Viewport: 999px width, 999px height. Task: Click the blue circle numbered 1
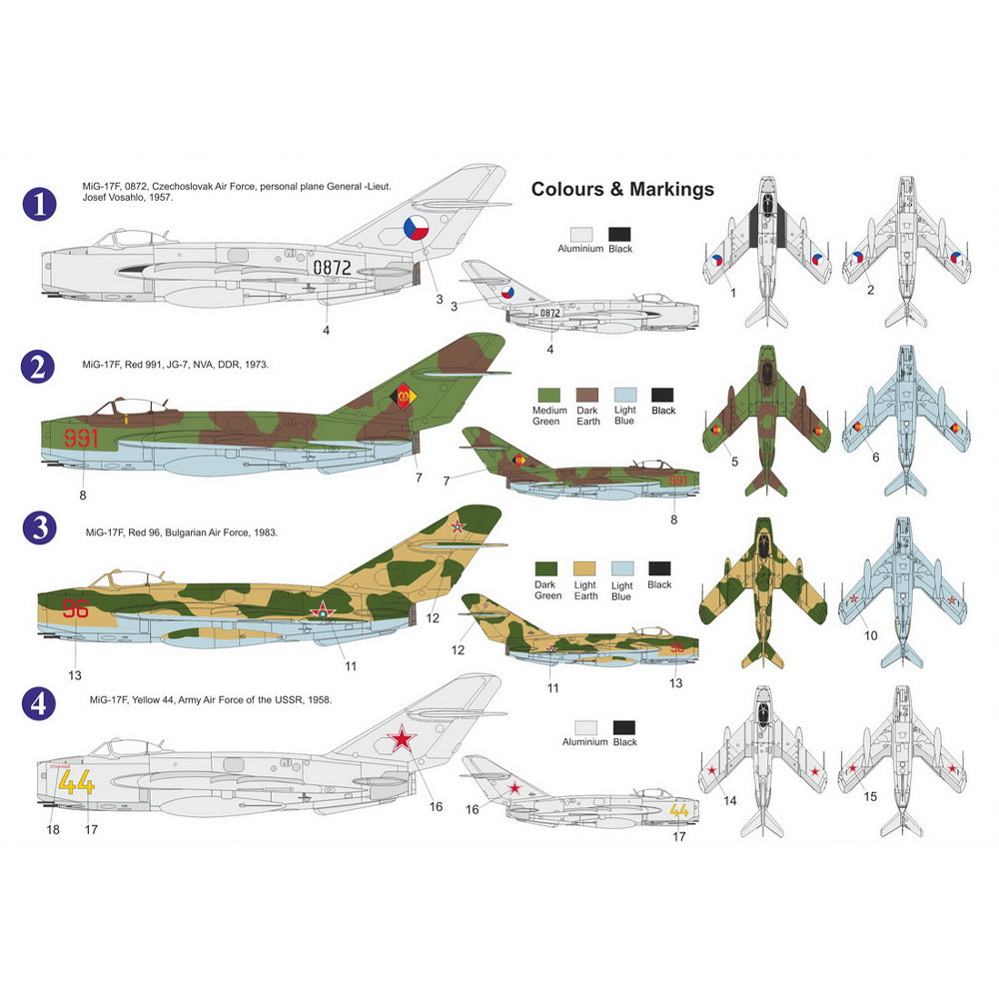click(39, 206)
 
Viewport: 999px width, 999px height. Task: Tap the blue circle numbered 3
click(39, 527)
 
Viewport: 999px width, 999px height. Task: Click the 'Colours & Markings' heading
click(622, 189)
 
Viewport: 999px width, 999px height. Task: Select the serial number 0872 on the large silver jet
click(332, 268)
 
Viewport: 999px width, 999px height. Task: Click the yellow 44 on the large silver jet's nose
click(77, 781)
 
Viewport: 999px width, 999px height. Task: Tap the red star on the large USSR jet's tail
click(402, 739)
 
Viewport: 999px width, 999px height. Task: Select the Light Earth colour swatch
click(585, 567)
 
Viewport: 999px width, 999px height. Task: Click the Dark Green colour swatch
click(547, 567)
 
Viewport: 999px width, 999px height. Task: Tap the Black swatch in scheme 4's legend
click(625, 726)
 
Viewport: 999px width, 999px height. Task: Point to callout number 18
click(53, 828)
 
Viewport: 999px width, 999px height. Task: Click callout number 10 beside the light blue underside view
click(870, 635)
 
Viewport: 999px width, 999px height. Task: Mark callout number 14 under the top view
click(730, 800)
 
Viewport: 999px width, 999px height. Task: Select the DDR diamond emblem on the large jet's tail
click(405, 396)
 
